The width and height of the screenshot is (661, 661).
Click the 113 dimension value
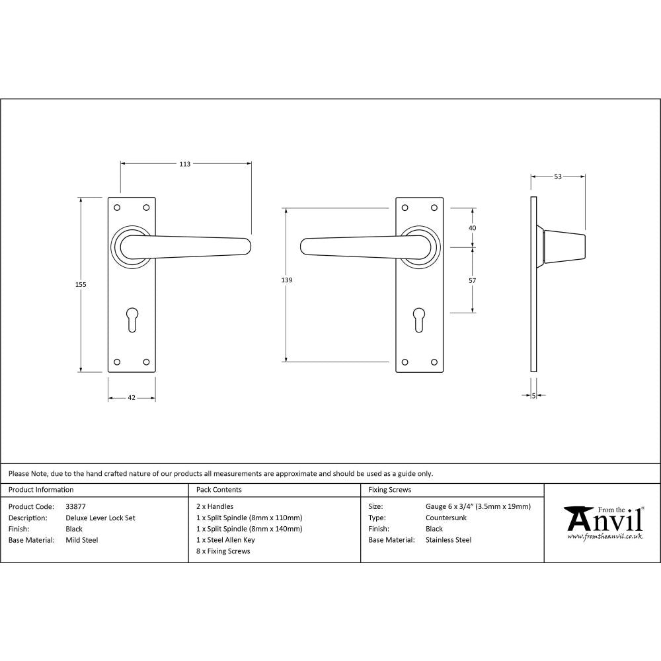click(x=185, y=164)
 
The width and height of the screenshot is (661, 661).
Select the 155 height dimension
click(x=81, y=284)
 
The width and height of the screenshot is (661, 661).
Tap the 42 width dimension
click(x=132, y=398)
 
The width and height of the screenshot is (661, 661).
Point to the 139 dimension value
click(x=286, y=280)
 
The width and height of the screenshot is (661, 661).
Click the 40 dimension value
click(x=472, y=227)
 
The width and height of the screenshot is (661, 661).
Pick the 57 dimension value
click(x=472, y=280)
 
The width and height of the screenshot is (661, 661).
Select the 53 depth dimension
click(x=558, y=176)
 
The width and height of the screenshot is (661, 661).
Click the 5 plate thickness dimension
click(x=533, y=396)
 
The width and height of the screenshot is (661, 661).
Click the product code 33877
click(x=75, y=506)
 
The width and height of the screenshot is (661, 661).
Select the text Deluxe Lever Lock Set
click(x=100, y=518)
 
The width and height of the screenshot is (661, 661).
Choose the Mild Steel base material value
click(x=82, y=540)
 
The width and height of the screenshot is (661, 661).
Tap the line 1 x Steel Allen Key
click(x=225, y=540)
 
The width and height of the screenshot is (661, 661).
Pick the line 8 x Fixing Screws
click(x=223, y=551)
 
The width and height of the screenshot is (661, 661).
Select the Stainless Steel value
click(x=449, y=540)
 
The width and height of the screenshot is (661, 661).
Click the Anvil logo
click(x=603, y=522)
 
